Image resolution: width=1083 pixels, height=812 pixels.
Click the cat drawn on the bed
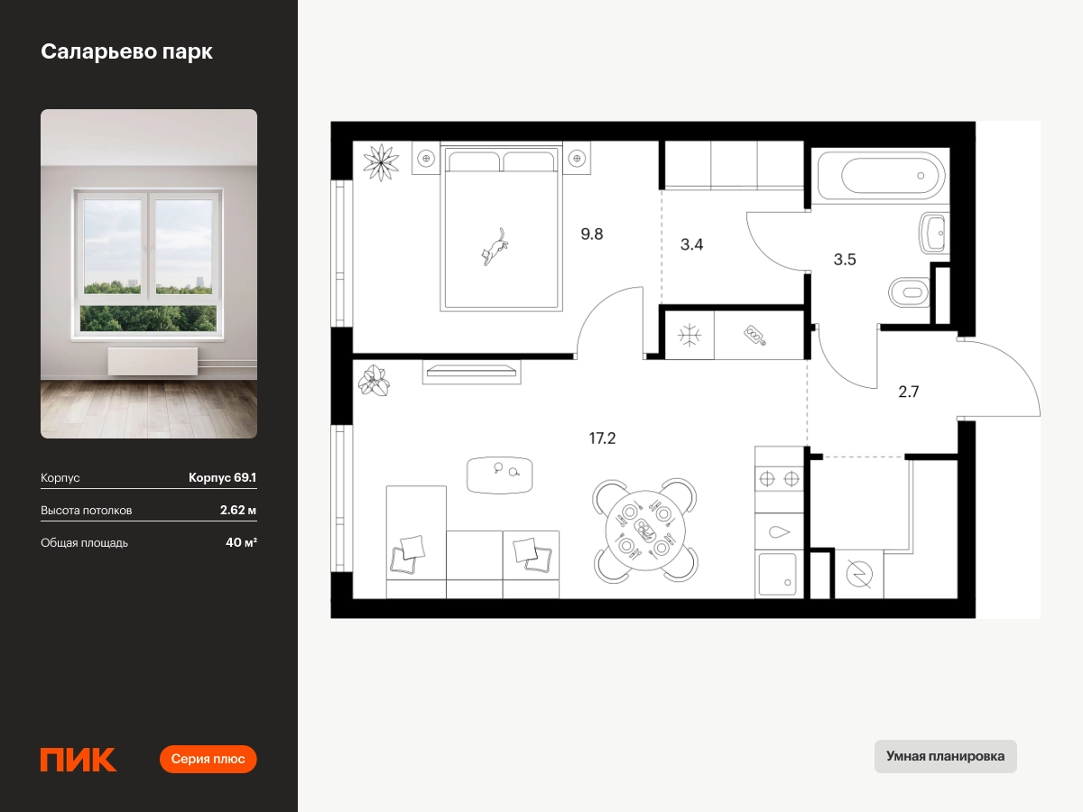(x=495, y=246)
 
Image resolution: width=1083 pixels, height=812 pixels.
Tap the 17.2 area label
(x=602, y=438)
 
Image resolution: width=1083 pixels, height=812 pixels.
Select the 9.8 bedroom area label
(x=591, y=234)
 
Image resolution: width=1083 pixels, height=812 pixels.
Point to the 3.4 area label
(x=691, y=244)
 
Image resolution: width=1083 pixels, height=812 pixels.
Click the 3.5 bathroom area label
(x=845, y=259)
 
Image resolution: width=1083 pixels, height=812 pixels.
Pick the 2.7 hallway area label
(x=908, y=392)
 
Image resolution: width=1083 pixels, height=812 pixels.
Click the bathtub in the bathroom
(x=881, y=176)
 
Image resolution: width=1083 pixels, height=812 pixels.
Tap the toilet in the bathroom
(x=910, y=292)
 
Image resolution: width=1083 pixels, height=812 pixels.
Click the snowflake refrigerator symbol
(x=690, y=337)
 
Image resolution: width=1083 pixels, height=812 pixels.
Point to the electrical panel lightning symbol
(x=859, y=574)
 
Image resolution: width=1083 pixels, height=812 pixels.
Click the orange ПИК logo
(x=78, y=760)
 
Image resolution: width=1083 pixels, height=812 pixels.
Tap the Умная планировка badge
(x=945, y=756)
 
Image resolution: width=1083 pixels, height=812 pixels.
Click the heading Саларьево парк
(x=126, y=51)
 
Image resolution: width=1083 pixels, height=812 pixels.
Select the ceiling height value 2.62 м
(x=238, y=510)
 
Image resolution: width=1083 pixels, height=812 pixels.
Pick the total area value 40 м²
(x=241, y=542)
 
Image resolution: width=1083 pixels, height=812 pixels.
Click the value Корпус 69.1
(x=223, y=477)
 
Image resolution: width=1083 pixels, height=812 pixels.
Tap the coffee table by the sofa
(x=499, y=475)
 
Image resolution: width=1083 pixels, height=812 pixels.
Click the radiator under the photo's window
(x=153, y=361)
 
